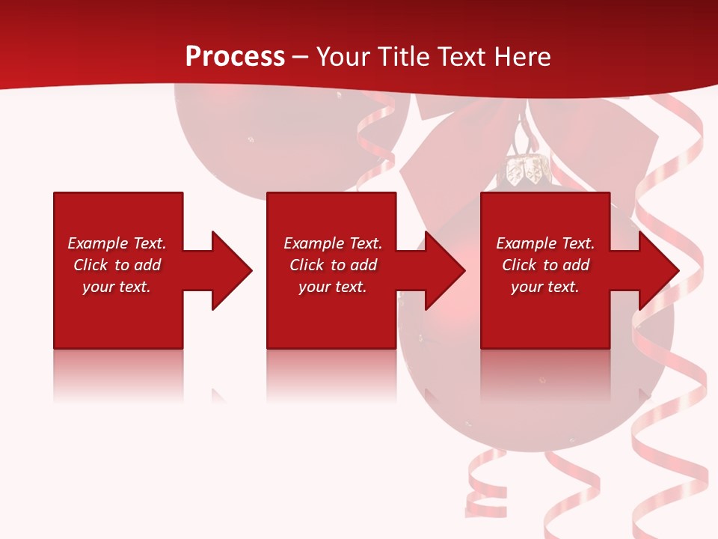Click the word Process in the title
click(x=235, y=57)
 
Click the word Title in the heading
click(x=403, y=57)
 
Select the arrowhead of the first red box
click(x=232, y=270)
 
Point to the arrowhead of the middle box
click(x=445, y=270)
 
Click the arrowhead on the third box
click(x=659, y=270)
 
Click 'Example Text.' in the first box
click(x=117, y=243)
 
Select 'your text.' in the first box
click(x=117, y=287)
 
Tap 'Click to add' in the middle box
click(x=333, y=265)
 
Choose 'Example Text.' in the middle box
click(x=333, y=243)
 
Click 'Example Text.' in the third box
click(x=545, y=243)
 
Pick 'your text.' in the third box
click(x=545, y=287)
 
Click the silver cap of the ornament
click(x=526, y=170)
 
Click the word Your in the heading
click(x=345, y=57)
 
